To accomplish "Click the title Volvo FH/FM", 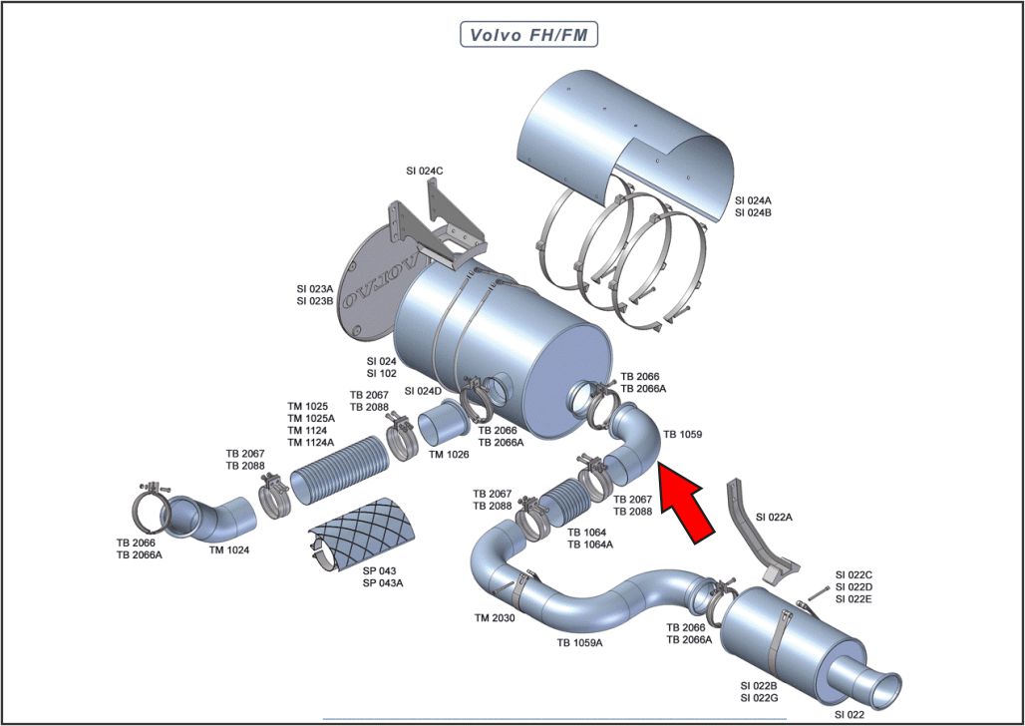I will (x=527, y=35).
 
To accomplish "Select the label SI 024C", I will (x=425, y=171).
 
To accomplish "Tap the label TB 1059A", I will (x=579, y=643).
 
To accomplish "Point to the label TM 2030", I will (x=495, y=618).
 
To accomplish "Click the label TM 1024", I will (x=229, y=549).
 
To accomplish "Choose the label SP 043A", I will (x=383, y=582).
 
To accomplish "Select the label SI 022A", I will (x=775, y=517).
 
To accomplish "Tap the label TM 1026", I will (x=449, y=455).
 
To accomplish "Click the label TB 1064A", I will (x=590, y=544).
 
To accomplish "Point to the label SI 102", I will (x=382, y=373).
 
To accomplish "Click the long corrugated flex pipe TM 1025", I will (x=337, y=472).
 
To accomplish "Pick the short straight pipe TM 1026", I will (x=443, y=427).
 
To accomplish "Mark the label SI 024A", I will (x=753, y=200).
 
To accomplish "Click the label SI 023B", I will (x=315, y=301).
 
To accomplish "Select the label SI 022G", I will (x=760, y=698).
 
